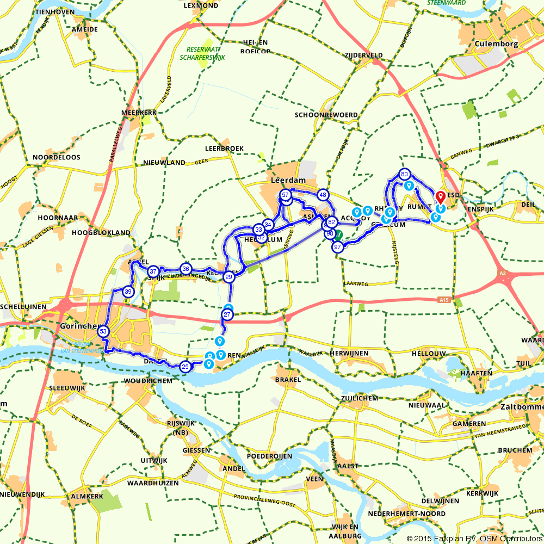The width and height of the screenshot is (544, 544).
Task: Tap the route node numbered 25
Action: [x=185, y=367]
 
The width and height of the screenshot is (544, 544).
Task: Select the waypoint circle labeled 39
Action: [x=128, y=292]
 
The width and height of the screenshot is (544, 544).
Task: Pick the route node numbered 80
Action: [x=404, y=175]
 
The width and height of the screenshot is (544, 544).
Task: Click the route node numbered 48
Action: [x=324, y=195]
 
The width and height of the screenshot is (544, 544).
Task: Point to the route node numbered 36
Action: [x=186, y=269]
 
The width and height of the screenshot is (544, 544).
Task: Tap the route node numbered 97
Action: [x=337, y=247]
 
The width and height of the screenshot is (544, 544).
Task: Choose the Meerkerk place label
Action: [x=139, y=113]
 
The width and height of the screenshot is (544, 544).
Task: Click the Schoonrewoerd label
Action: [x=326, y=115]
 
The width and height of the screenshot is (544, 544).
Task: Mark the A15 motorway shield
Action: [x=444, y=300]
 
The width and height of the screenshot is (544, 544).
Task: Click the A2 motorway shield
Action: [x=501, y=274]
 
